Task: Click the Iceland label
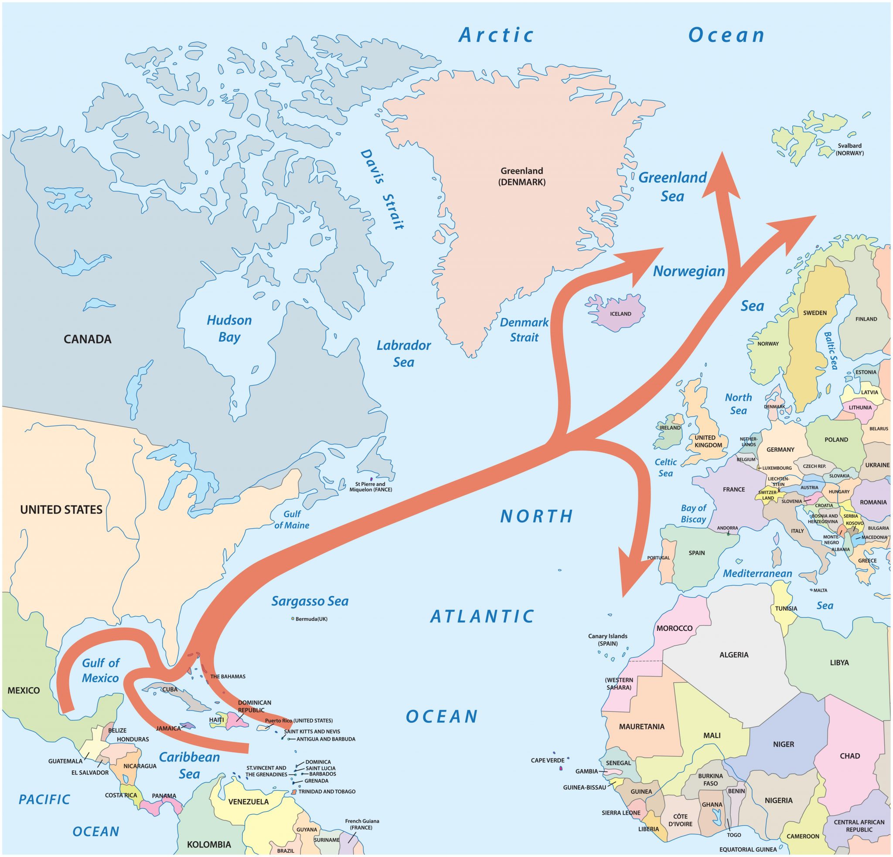point(620,314)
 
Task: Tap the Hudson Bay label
point(229,329)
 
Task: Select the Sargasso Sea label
point(310,601)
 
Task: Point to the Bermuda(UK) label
point(311,619)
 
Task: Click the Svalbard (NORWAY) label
point(849,149)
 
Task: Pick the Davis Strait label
point(382,189)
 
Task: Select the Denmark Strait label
point(524,330)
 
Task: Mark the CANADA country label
point(88,339)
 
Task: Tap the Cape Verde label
point(547,760)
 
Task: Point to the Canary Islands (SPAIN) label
point(607,640)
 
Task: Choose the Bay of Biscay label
point(693,513)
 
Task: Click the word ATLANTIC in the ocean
point(482,616)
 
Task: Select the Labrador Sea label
point(403,353)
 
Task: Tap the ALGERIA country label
point(733,655)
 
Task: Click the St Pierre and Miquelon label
point(371,487)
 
